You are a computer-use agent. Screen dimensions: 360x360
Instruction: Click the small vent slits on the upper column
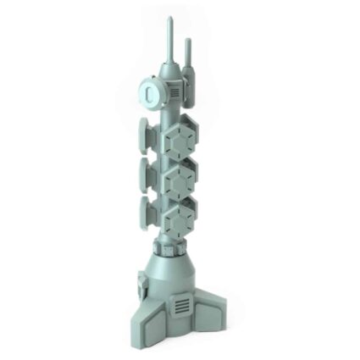pyautogui.click(x=173, y=90)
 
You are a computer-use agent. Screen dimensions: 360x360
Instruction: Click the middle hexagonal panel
pyautogui.click(x=180, y=179)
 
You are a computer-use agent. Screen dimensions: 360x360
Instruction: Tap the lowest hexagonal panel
pyautogui.click(x=180, y=219)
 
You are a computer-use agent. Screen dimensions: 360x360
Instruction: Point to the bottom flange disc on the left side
pyautogui.click(x=145, y=214)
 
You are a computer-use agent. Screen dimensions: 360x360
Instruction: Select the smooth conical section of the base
pyautogui.click(x=176, y=275)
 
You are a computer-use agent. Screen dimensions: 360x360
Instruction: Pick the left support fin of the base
pyautogui.click(x=142, y=320)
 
